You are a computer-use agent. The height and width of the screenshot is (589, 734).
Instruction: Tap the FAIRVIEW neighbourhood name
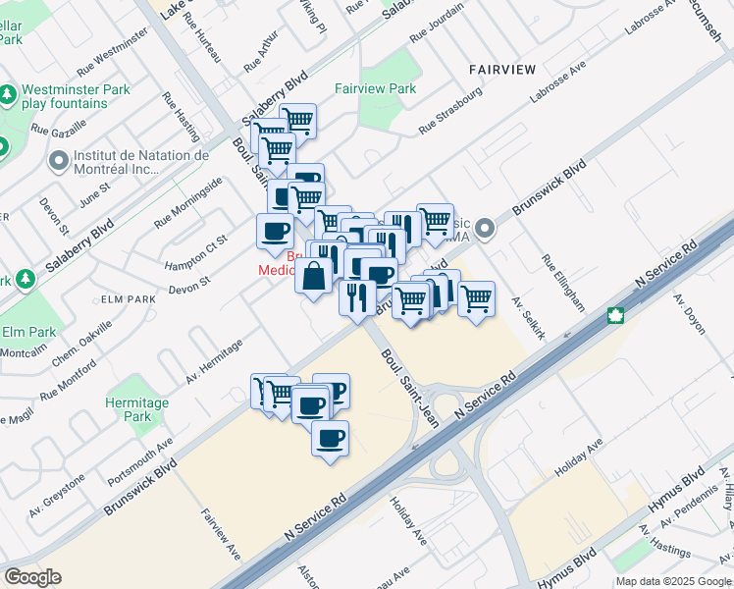click(501, 69)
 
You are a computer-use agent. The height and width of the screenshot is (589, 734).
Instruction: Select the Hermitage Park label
click(137, 409)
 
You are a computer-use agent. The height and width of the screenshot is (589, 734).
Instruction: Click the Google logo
click(32, 576)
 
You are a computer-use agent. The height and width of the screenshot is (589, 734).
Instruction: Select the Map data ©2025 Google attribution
click(673, 581)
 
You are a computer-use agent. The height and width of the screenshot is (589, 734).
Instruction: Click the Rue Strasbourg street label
click(450, 111)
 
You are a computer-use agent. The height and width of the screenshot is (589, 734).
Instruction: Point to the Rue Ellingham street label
click(562, 284)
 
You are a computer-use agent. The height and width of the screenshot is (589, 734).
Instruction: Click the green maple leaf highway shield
click(616, 315)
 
